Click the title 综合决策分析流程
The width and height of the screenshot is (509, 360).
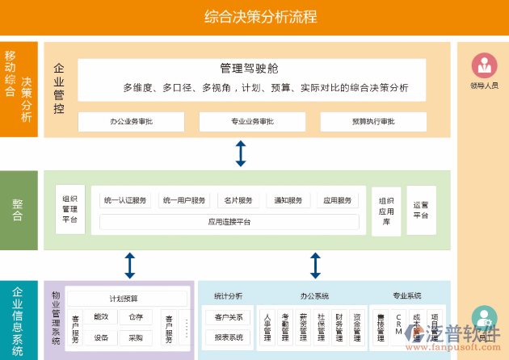[x=260, y=16]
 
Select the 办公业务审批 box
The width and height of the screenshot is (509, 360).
[x=131, y=122]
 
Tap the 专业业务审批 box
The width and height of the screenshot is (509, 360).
[x=252, y=122]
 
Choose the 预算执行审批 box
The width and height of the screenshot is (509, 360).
[x=372, y=122]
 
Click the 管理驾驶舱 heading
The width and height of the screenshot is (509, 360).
[x=249, y=69]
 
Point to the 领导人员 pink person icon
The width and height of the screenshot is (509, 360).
[x=484, y=65]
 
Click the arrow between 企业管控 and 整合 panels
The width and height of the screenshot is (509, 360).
[x=240, y=153]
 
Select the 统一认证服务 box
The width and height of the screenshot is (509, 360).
[x=125, y=200]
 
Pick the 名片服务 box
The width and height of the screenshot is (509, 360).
[x=238, y=200]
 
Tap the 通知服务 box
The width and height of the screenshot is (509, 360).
[x=288, y=200]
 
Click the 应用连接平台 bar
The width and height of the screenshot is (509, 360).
[x=229, y=221]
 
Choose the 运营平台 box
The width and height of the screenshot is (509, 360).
[x=421, y=210]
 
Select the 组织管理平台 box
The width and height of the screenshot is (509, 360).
[x=70, y=209]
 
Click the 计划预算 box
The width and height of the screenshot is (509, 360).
[x=124, y=299]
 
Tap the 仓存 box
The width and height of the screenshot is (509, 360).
[x=135, y=317]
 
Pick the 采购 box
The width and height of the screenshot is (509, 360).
[x=135, y=337]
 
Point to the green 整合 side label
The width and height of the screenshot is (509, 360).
[x=19, y=211]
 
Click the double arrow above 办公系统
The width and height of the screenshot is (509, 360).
[x=315, y=266]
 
